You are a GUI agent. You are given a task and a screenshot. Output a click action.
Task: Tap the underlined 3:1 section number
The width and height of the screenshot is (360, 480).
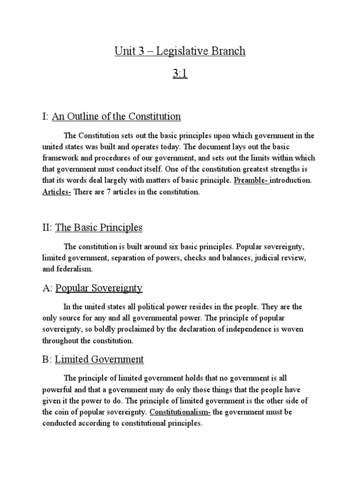pyautogui.click(x=180, y=74)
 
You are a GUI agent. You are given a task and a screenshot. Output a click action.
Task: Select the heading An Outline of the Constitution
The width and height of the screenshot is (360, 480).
pyautogui.click(x=116, y=116)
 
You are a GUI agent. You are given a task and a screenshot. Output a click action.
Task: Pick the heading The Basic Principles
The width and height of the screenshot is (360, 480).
pyautogui.click(x=99, y=228)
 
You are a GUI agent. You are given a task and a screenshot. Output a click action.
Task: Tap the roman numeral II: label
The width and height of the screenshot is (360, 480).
pyautogui.click(x=47, y=228)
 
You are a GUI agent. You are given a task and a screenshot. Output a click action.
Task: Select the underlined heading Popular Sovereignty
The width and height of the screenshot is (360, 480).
pyautogui.click(x=99, y=288)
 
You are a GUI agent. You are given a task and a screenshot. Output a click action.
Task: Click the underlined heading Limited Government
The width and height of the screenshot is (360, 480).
pyautogui.click(x=99, y=360)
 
